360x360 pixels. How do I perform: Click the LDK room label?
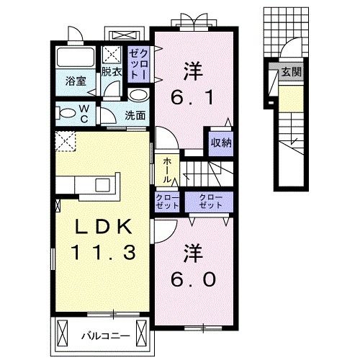[106, 227]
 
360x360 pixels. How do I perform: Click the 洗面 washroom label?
[135, 114]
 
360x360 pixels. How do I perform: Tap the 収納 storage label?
[222, 142]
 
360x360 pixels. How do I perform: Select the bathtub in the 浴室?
[76, 58]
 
